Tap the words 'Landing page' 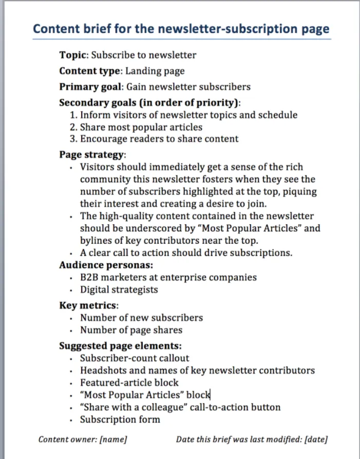coord(155,71)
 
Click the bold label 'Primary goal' coord(90,86)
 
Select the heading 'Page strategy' coord(91,155)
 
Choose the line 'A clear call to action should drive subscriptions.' coord(186,253)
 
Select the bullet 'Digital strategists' coord(119,289)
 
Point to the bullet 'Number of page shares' coord(131,330)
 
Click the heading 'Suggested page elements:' coord(120,346)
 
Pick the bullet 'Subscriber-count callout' coord(135,358)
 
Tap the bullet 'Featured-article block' coord(129,382)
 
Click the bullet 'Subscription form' coord(120,419)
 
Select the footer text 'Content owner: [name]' coord(83,439)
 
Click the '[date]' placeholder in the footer coord(316,439)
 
